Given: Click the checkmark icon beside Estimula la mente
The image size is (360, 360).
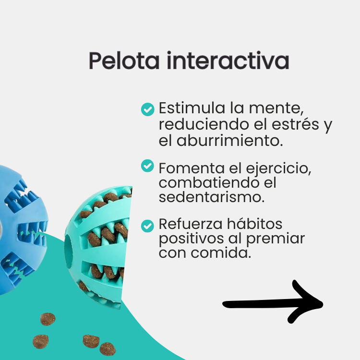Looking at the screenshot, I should (x=147, y=109).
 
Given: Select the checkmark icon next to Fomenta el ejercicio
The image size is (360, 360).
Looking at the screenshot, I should (x=147, y=166).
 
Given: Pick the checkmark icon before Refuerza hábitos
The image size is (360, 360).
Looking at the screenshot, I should (x=147, y=225).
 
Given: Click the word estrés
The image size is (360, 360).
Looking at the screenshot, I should (x=293, y=125).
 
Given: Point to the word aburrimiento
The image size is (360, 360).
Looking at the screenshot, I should (x=234, y=141).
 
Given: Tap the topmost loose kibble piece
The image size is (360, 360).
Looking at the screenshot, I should (x=48, y=319).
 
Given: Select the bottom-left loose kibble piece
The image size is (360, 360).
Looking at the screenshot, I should (x=41, y=342).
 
